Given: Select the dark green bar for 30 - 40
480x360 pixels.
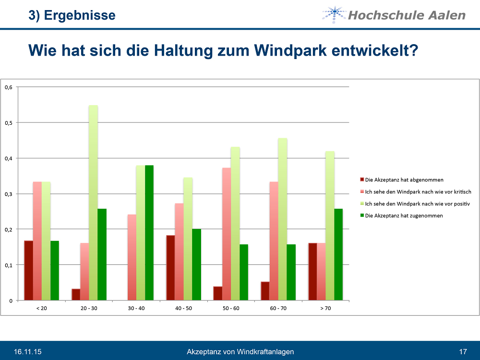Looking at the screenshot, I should [149, 233].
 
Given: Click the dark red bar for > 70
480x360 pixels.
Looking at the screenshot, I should [312, 272].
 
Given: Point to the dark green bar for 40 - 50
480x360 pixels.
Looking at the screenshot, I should [196, 264].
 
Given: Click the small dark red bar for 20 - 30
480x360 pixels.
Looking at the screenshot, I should [76, 294].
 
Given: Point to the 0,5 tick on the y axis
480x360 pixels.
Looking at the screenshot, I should [8, 123].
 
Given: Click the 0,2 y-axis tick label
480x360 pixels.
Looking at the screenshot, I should [8, 229].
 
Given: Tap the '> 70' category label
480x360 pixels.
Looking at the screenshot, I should [325, 308].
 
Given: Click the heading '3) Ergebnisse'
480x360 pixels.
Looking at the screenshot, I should [72, 15].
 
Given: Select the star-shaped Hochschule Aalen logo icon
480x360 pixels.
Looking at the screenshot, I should [334, 14].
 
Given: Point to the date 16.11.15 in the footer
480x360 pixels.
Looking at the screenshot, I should [27, 352].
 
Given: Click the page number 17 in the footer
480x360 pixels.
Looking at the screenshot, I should [463, 352].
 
